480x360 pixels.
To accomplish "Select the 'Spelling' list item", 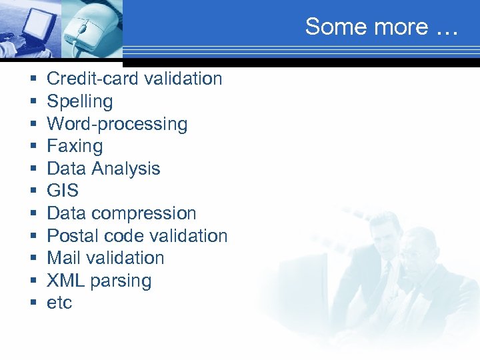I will (x=80, y=101).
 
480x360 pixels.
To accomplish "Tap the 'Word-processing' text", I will (x=117, y=124).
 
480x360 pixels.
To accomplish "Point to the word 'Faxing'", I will (x=75, y=146).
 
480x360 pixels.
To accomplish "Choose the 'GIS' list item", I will (x=63, y=191).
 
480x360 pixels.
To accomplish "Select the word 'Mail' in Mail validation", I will (x=64, y=258).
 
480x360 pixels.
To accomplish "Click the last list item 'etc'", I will (x=59, y=303).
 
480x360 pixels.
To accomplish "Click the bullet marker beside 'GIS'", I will (x=33, y=191).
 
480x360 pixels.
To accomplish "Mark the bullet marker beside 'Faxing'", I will (x=33, y=147).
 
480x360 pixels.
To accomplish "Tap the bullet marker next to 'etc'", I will (x=33, y=303).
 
